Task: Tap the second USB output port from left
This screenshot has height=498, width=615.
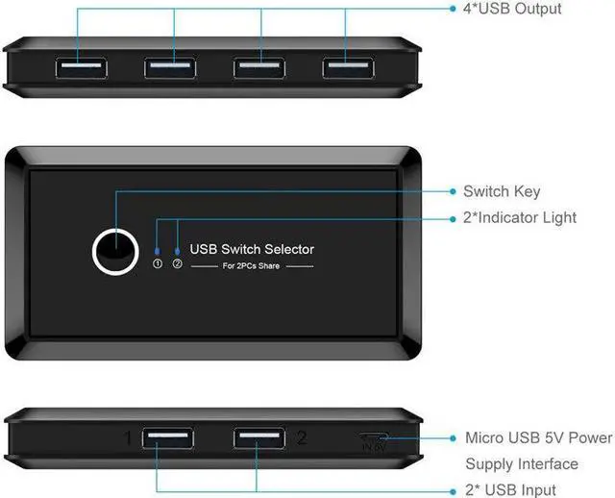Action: tap(172, 68)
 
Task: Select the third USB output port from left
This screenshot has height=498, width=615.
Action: tap(260, 68)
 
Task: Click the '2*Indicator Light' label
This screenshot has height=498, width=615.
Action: tap(533, 217)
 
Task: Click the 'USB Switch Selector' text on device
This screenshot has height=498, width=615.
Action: tap(252, 249)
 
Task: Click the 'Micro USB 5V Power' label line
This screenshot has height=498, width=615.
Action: tap(538, 438)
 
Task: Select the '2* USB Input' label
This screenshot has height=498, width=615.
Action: tap(523, 489)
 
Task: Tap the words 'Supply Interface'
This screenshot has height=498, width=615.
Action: tap(522, 464)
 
